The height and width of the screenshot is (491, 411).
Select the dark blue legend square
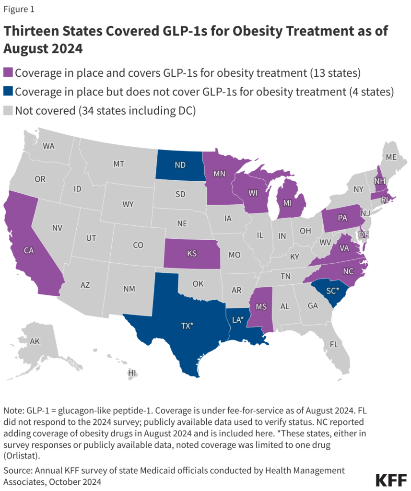coord(8,92)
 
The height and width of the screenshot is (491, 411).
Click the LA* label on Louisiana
coord(238,319)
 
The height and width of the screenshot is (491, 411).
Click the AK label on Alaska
coord(35,341)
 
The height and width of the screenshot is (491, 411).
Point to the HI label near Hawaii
coord(132,373)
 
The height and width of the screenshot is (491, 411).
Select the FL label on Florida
coord(334,344)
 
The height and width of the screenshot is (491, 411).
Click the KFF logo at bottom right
coord(390,479)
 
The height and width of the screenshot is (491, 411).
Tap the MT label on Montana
coord(119,164)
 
